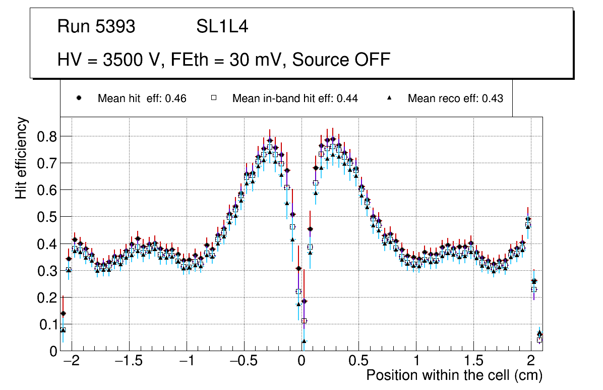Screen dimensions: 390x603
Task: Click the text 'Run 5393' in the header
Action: [96, 27]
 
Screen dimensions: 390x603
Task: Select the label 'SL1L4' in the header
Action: [222, 27]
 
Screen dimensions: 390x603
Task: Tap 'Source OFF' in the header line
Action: [341, 60]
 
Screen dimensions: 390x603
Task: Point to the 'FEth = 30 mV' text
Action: [229, 60]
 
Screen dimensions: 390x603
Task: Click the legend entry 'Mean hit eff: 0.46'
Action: [142, 99]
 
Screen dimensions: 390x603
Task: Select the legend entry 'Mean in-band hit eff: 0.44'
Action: [295, 99]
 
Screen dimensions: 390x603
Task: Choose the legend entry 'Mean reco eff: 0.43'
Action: [455, 99]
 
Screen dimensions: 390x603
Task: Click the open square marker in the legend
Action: [213, 98]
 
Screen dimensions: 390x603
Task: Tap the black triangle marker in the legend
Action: [390, 98]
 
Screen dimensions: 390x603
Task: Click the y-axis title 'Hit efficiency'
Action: [21, 158]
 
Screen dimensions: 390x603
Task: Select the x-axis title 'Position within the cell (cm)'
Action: [454, 375]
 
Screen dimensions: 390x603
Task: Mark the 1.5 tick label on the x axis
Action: [473, 361]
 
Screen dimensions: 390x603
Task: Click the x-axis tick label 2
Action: [530, 361]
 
